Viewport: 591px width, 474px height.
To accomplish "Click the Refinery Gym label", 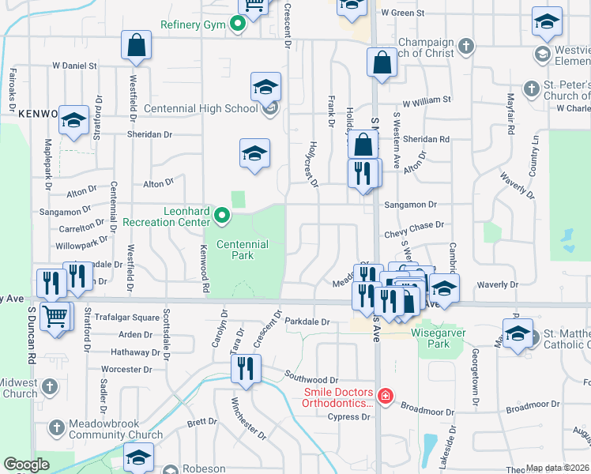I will point(194,24).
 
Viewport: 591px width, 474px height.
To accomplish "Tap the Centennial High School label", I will point(213,108).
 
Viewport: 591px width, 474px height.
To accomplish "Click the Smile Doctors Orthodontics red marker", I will point(385,396).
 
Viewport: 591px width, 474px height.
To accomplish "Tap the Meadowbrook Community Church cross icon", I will point(55,428).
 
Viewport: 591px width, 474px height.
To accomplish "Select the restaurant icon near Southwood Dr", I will point(246,368).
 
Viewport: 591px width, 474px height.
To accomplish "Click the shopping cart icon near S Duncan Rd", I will point(55,317).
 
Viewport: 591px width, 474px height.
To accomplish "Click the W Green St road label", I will point(402,13).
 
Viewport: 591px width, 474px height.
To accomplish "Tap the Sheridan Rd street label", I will point(425,139).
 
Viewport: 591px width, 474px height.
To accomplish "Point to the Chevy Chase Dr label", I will point(414,226).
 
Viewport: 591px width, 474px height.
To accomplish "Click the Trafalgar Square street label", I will point(127,318).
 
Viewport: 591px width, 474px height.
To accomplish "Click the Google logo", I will point(26,465).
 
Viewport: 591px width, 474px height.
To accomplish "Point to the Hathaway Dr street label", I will point(135,352).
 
